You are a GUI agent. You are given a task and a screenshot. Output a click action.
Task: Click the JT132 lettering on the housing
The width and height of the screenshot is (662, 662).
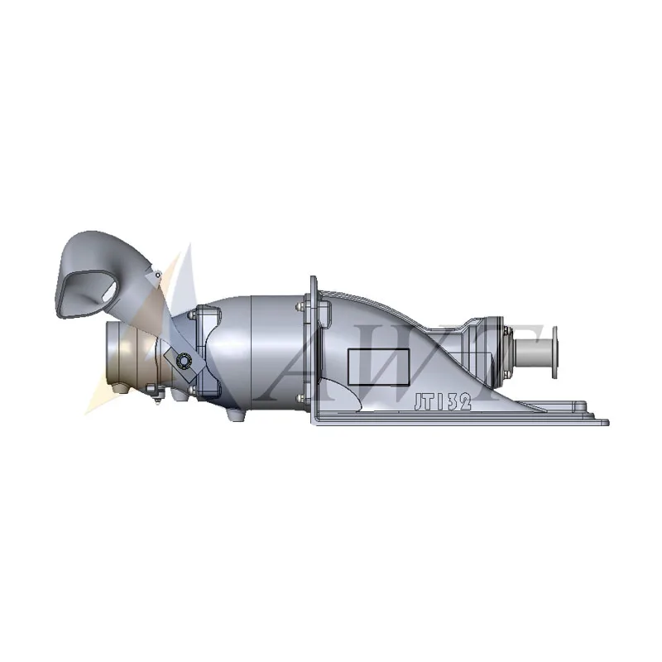coord(442,401)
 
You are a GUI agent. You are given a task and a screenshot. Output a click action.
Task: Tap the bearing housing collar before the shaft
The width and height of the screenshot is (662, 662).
coord(496,343)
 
